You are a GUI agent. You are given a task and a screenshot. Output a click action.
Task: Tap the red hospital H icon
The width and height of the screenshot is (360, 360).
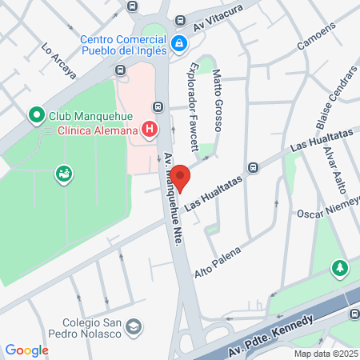coord(148,129)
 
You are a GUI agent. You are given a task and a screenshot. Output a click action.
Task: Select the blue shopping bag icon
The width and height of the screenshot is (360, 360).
coord(180,42)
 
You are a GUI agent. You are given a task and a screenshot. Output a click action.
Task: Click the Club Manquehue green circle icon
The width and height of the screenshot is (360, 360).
coord(36,116)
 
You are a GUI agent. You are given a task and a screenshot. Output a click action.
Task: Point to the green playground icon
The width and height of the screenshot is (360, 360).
coord(62,172)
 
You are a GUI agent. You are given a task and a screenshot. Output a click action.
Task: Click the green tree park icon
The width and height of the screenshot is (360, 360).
coord(340,267)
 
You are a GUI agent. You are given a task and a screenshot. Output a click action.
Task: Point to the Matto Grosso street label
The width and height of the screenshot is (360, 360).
coord(216,101)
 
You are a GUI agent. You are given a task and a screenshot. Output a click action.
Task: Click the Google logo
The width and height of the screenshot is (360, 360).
coord(26,350)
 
